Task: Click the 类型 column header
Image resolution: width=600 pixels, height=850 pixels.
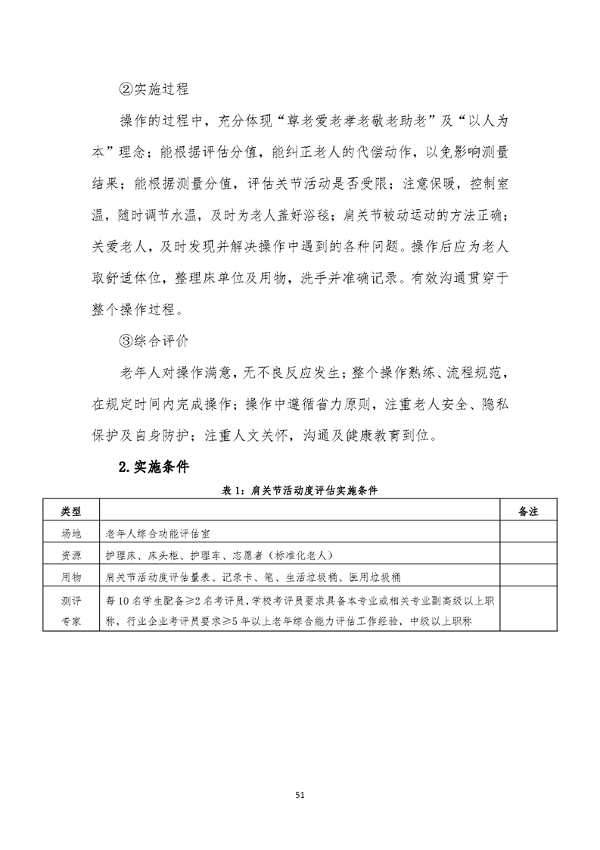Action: (x=70, y=512)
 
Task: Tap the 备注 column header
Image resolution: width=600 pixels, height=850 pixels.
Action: (x=527, y=512)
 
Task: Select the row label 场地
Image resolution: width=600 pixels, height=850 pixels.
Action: (x=70, y=533)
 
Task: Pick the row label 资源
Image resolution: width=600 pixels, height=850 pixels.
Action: (x=70, y=555)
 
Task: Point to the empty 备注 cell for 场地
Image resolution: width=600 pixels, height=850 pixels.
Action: (x=527, y=533)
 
